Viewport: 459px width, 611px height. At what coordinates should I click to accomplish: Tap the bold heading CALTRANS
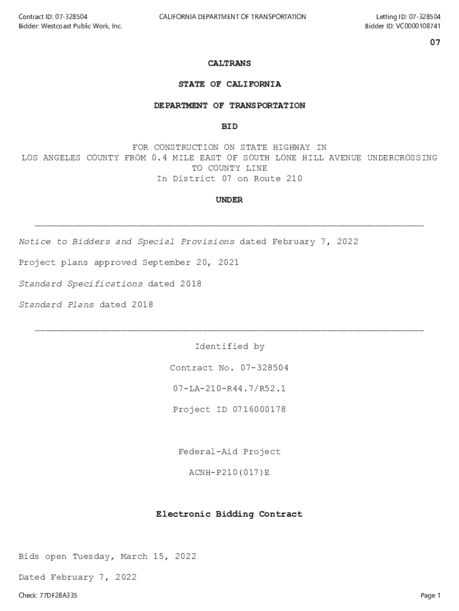point(229,63)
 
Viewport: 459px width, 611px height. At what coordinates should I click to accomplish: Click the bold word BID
point(229,126)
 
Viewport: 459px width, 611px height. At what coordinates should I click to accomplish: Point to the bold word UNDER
point(229,200)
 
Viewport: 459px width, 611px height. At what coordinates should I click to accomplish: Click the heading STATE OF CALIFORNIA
point(229,84)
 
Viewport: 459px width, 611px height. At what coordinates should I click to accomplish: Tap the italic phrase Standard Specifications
point(80,284)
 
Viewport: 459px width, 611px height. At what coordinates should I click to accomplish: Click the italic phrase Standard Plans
point(57,305)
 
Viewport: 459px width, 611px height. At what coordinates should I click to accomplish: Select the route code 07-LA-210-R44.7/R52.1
point(229,388)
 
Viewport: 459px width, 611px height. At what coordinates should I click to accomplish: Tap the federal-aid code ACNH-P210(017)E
point(229,473)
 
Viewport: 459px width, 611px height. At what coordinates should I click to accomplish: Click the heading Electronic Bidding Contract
point(229,514)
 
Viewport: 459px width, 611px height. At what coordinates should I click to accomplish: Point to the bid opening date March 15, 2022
point(158,557)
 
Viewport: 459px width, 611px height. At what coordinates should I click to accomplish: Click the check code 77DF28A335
point(58,595)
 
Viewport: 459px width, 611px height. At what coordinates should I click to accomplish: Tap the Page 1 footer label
point(430,595)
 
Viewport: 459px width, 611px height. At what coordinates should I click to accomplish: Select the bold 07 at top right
point(435,43)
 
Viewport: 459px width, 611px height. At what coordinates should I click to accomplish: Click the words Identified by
point(229,347)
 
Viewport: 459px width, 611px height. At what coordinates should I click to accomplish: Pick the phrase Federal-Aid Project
point(229,452)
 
